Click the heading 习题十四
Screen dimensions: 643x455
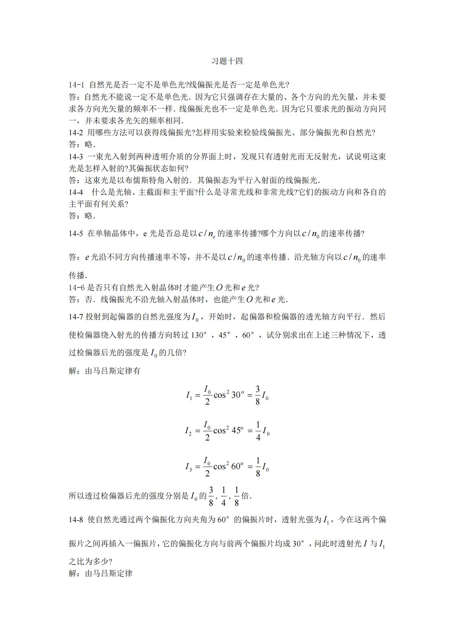(227, 61)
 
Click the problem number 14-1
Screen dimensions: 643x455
(76, 85)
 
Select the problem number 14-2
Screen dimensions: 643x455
(76, 133)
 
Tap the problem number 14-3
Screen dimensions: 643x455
(76, 156)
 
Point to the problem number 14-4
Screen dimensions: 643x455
(76, 192)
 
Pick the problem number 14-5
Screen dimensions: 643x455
(76, 233)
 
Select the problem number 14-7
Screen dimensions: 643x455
(76, 317)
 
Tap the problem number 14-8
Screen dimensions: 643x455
(76, 520)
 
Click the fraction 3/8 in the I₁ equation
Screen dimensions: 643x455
(258, 395)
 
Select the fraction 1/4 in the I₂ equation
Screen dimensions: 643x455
(258, 431)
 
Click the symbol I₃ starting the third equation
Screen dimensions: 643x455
(188, 467)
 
